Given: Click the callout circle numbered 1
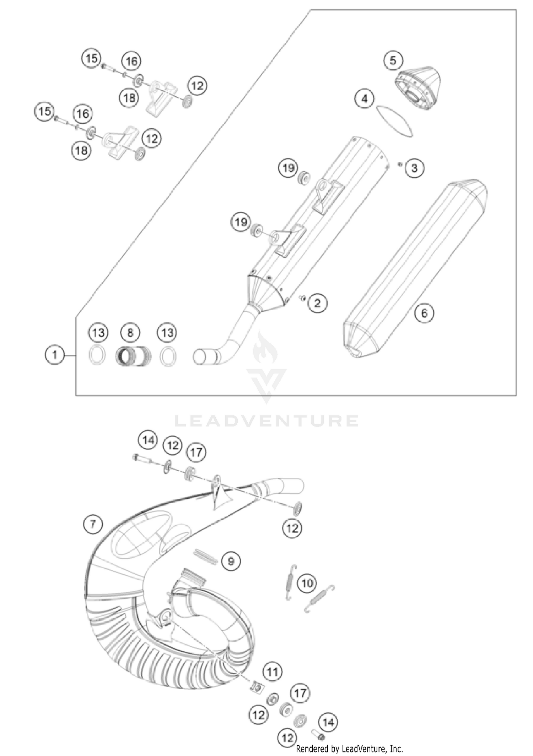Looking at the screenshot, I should [55, 355].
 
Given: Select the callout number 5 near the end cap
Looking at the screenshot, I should [393, 60].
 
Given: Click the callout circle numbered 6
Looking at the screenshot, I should [424, 313].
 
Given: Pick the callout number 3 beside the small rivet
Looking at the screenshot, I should [414, 168].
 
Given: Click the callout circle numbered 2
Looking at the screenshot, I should [317, 303].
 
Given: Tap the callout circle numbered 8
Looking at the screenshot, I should [130, 333].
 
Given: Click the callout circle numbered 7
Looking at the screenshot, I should [93, 524].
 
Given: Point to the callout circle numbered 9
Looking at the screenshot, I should [231, 561].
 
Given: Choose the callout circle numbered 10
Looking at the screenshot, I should [307, 583].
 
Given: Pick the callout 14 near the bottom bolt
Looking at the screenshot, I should [328, 722].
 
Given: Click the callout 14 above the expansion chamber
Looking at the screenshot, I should [148, 440].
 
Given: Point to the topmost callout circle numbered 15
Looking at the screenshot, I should [91, 58].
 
